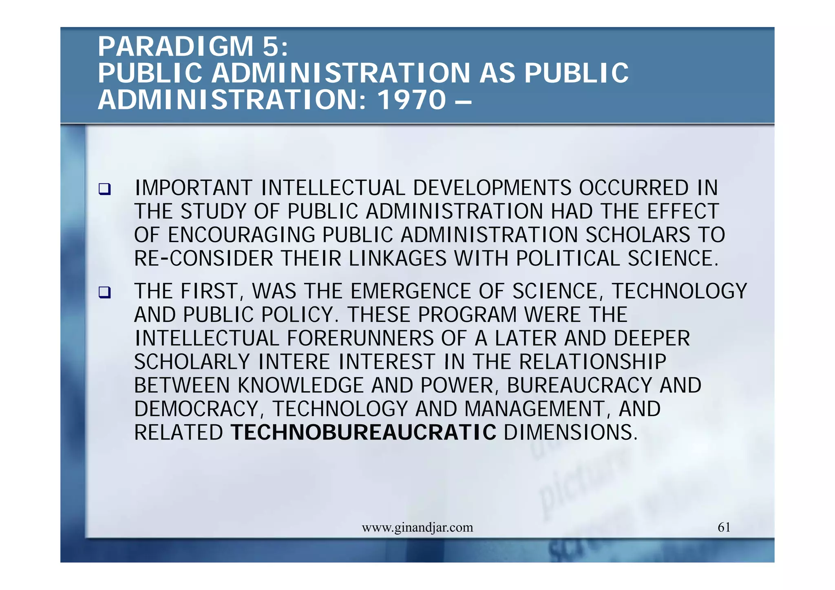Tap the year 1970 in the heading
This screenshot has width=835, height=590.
coord(412,100)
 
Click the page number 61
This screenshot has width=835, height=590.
coord(724,527)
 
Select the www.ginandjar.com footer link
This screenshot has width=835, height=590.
coord(417,528)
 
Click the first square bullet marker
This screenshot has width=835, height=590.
coord(104,189)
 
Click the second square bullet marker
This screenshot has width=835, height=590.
coord(104,293)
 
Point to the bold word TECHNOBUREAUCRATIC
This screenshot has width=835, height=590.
coord(363,433)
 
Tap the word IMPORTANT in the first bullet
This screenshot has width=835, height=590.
coord(193,188)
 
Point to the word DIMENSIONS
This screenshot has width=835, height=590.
coord(570,433)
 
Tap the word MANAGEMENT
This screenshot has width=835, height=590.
coord(535,409)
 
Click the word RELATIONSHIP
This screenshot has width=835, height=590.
coord(593,362)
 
